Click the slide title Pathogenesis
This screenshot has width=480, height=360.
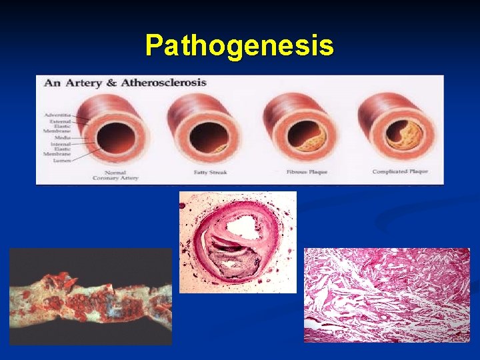239,46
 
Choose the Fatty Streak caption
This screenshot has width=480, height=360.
209,172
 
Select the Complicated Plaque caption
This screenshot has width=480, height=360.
400,172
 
